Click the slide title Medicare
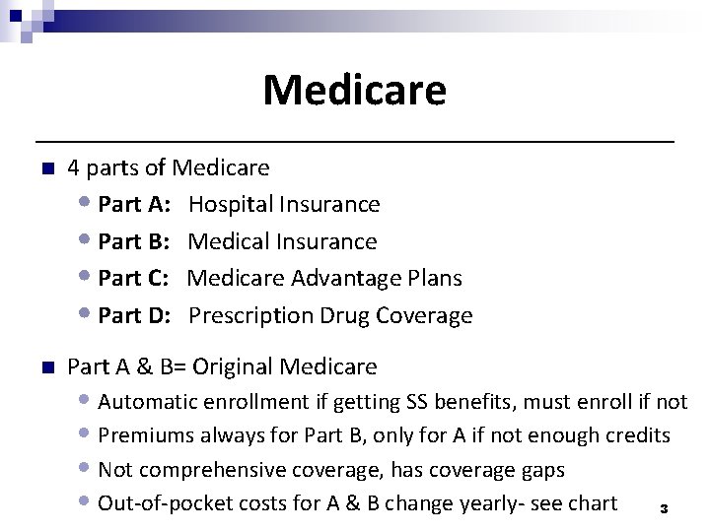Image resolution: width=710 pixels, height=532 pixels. coord(354,91)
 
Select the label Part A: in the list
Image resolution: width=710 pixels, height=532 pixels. coord(135,204)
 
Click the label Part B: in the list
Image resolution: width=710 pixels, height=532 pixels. coord(135,241)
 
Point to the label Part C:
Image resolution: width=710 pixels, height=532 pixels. coord(135,279)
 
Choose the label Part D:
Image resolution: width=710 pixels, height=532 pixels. coord(135,316)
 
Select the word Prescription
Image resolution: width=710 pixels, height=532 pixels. coord(251,316)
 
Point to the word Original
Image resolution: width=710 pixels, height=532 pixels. coord(233,367)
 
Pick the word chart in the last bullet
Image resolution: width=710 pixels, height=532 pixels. coord(592,503)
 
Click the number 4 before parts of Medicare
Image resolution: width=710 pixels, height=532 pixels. coord(74,167)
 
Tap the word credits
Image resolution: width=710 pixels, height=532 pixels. coord(638,435)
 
